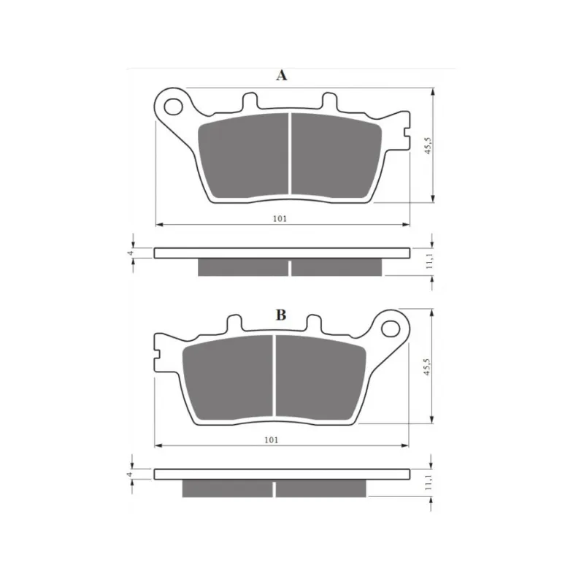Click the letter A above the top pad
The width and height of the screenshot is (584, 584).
tap(282, 75)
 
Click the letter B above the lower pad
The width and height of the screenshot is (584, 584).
tap(281, 315)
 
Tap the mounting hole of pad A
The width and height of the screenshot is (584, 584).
tap(173, 107)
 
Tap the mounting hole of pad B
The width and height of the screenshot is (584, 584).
tap(391, 328)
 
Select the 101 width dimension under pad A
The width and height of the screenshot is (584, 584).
tap(280, 218)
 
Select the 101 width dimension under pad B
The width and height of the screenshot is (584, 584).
tap(271, 440)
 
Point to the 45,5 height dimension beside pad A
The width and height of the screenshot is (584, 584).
tap(428, 145)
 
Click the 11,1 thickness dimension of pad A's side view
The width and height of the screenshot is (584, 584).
tap(429, 261)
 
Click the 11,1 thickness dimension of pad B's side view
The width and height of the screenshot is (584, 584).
tap(428, 482)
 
